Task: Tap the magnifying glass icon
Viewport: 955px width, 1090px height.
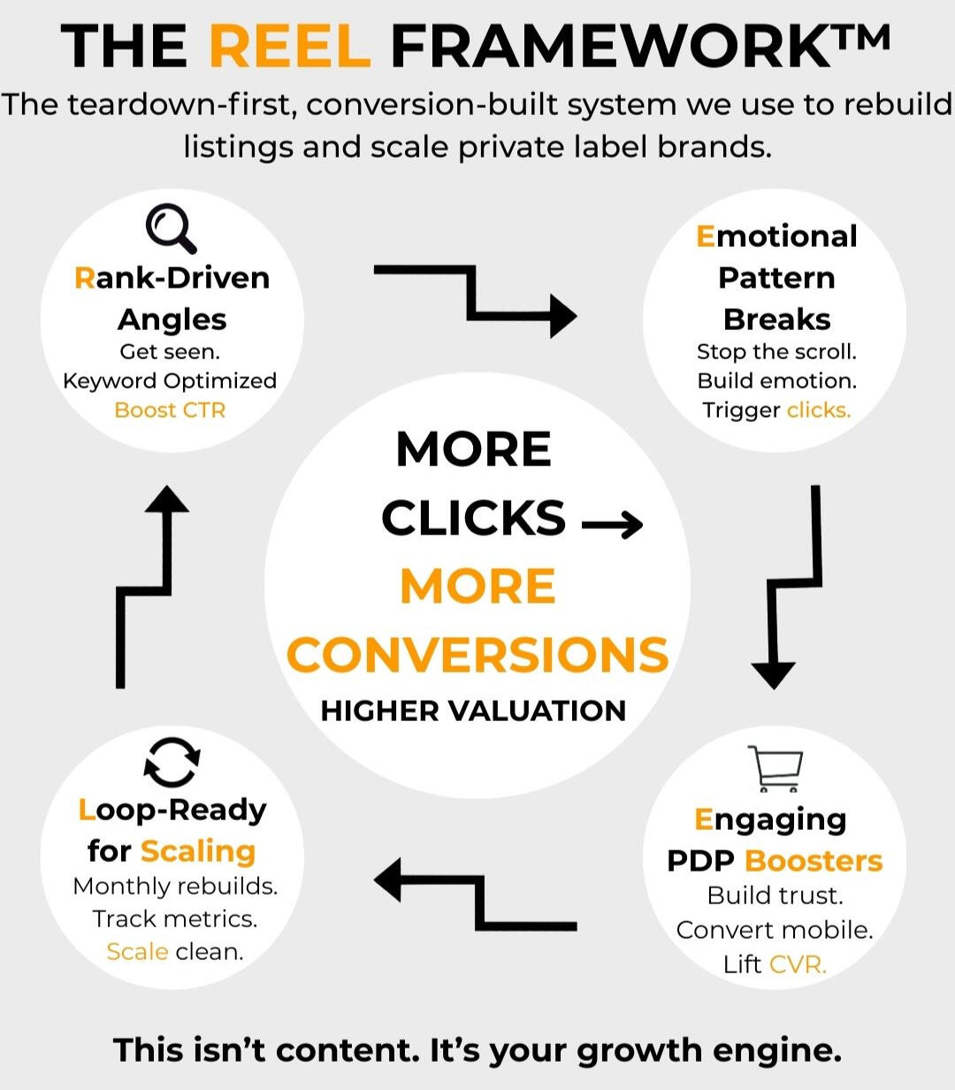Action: pyautogui.click(x=172, y=228)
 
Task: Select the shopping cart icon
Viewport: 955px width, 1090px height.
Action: pyautogui.click(x=775, y=768)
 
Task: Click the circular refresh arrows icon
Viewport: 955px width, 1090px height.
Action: pyautogui.click(x=172, y=762)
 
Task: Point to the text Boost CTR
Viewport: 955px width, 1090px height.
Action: pyautogui.click(x=170, y=411)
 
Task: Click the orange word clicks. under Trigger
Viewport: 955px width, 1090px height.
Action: pyautogui.click(x=819, y=411)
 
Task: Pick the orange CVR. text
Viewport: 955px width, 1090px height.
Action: pyautogui.click(x=798, y=963)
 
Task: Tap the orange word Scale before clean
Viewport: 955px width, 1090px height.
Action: pyautogui.click(x=137, y=952)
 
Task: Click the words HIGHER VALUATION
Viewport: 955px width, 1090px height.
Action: pyautogui.click(x=473, y=710)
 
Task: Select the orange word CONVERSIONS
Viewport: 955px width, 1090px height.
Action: pyautogui.click(x=477, y=655)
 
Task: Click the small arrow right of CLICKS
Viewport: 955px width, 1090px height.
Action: pyautogui.click(x=612, y=525)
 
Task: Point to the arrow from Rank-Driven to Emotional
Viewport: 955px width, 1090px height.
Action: pyautogui.click(x=476, y=298)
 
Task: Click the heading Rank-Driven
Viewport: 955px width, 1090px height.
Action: pyautogui.click(x=172, y=278)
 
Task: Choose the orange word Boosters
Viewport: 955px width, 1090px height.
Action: pyautogui.click(x=814, y=861)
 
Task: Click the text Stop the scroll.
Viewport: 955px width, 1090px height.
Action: pyautogui.click(x=776, y=351)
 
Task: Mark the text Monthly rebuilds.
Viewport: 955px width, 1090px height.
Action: pyautogui.click(x=175, y=886)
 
